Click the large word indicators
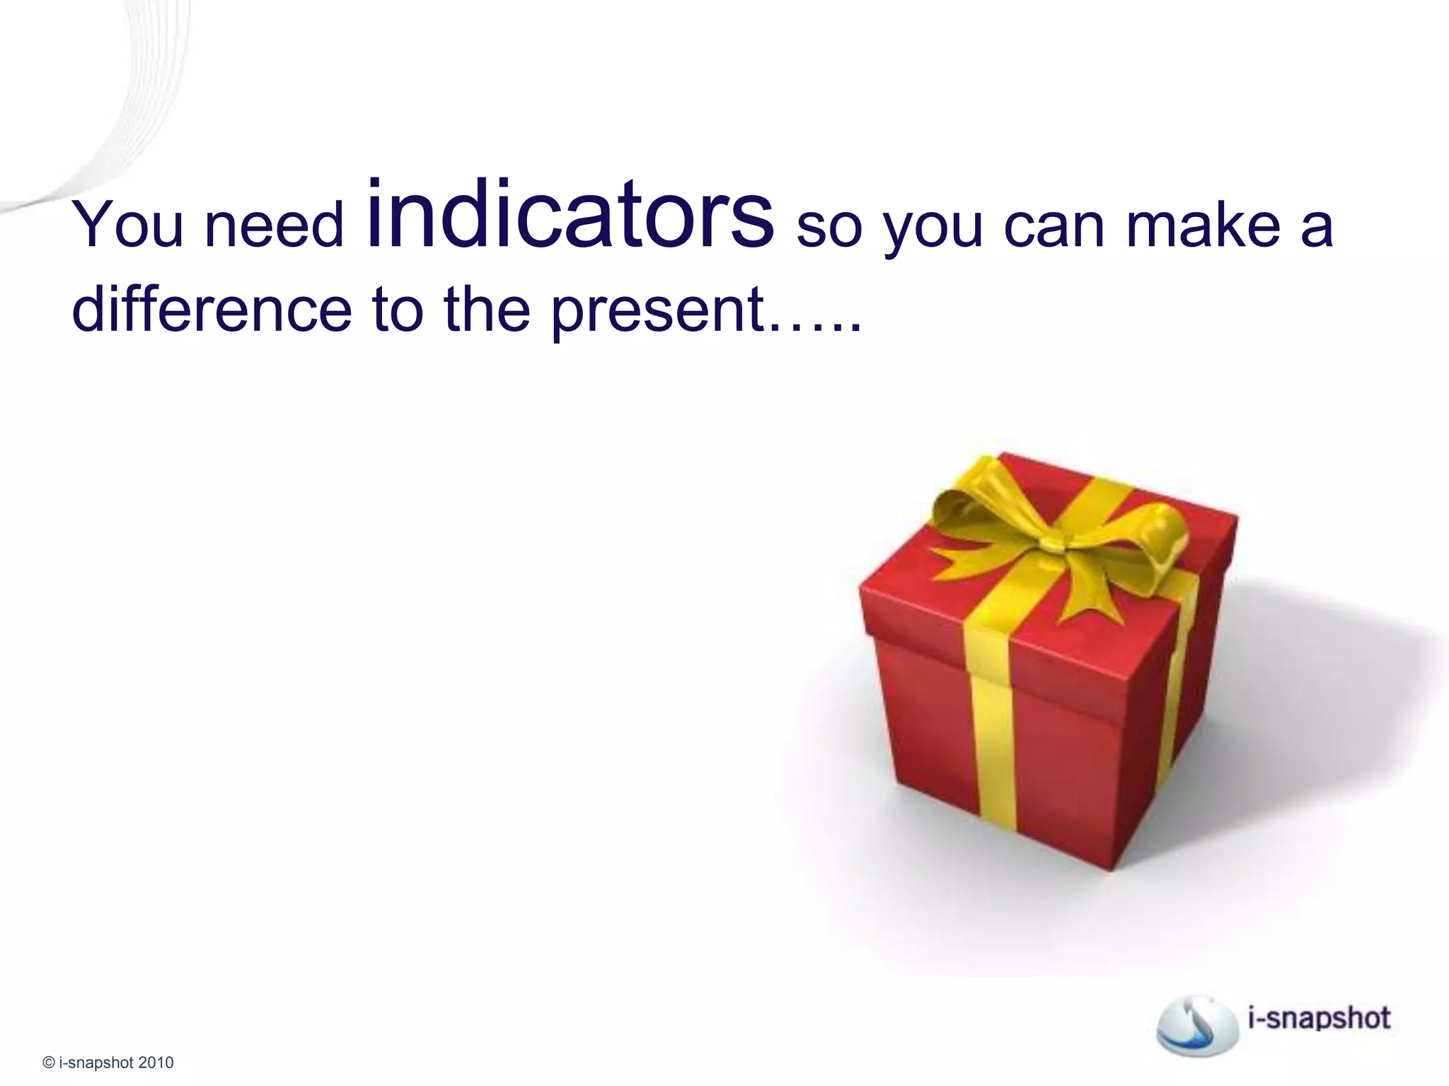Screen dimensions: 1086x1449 coord(570,216)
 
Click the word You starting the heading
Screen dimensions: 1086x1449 coord(128,225)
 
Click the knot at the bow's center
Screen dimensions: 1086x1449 coord(1052,543)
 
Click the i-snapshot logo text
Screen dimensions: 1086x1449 coord(1320,1018)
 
